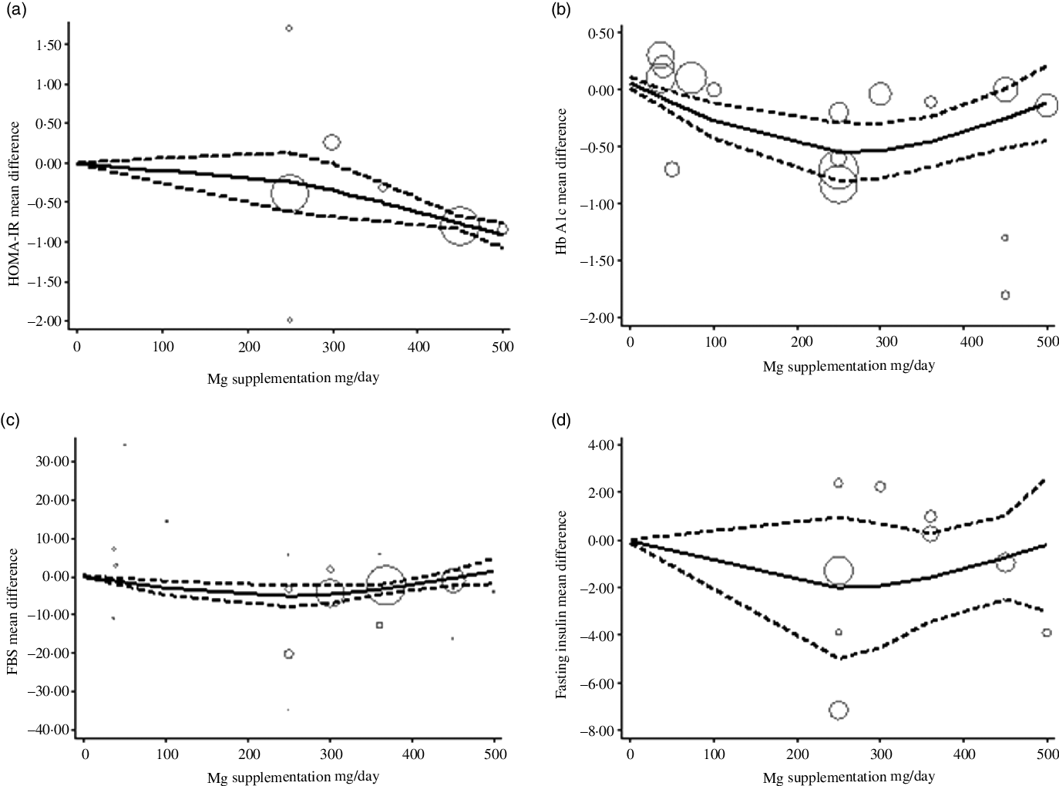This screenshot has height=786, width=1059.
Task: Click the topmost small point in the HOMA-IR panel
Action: click(289, 29)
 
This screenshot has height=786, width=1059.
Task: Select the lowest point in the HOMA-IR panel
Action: click(290, 320)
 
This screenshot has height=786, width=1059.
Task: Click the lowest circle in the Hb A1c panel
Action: click(1005, 295)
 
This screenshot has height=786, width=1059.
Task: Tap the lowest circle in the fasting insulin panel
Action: click(839, 710)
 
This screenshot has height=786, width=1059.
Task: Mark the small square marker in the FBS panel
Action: click(379, 625)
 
